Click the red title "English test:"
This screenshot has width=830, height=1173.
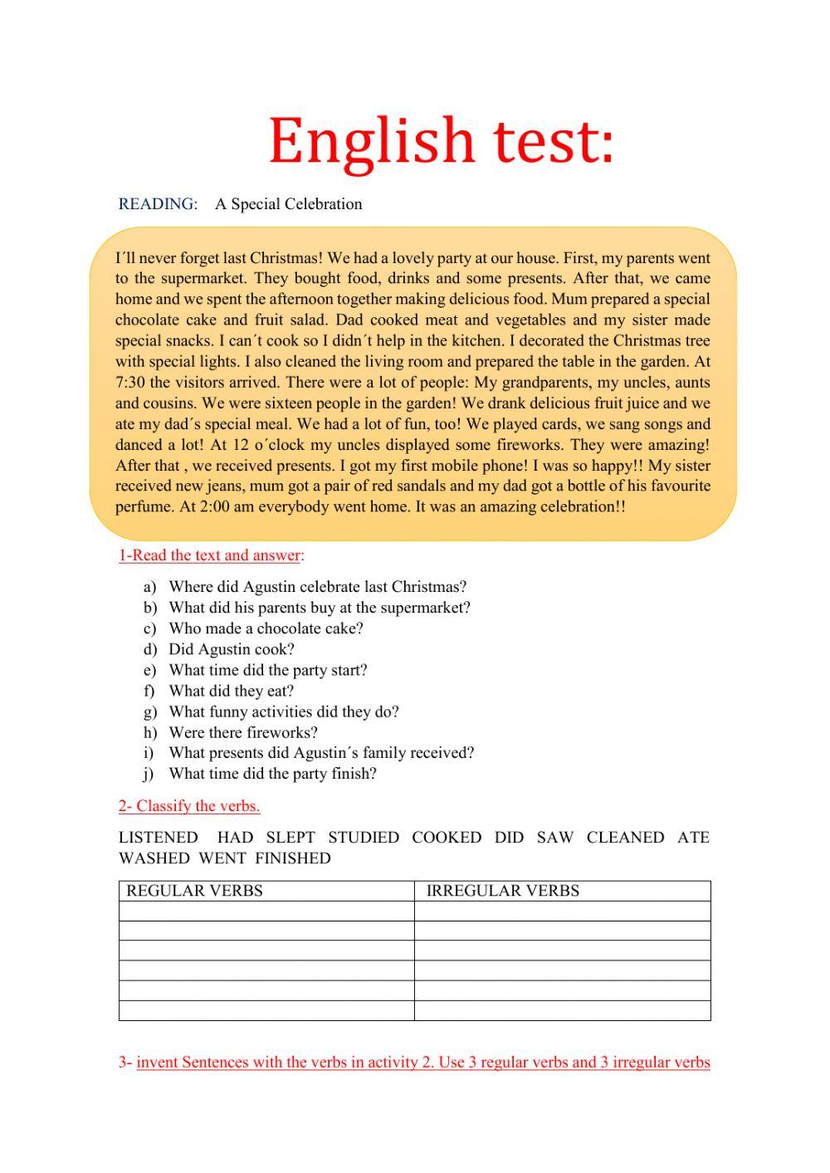pyautogui.click(x=441, y=141)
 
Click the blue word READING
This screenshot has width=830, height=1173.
pyautogui.click(x=158, y=204)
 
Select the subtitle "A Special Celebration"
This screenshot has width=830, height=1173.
pyautogui.click(x=288, y=204)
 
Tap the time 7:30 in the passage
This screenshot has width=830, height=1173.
pyautogui.click(x=130, y=383)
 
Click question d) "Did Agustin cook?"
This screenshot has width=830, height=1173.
pyautogui.click(x=231, y=649)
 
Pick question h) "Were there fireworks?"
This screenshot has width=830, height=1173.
pyautogui.click(x=242, y=732)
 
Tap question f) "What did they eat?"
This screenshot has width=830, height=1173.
pyautogui.click(x=231, y=691)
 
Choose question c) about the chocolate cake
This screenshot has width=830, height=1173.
pyautogui.click(x=266, y=628)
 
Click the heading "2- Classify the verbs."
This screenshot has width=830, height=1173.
pyautogui.click(x=189, y=806)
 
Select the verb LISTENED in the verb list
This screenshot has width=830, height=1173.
pyautogui.click(x=158, y=838)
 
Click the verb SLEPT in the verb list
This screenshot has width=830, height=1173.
pyautogui.click(x=290, y=838)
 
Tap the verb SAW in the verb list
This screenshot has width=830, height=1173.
pyautogui.click(x=555, y=838)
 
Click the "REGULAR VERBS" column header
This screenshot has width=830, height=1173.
pyautogui.click(x=194, y=891)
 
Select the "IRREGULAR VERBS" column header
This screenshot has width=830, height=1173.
pyautogui.click(x=502, y=891)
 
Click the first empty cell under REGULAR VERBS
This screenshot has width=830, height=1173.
pyautogui.click(x=266, y=911)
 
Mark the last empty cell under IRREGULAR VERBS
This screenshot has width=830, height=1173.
pyautogui.click(x=562, y=1010)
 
